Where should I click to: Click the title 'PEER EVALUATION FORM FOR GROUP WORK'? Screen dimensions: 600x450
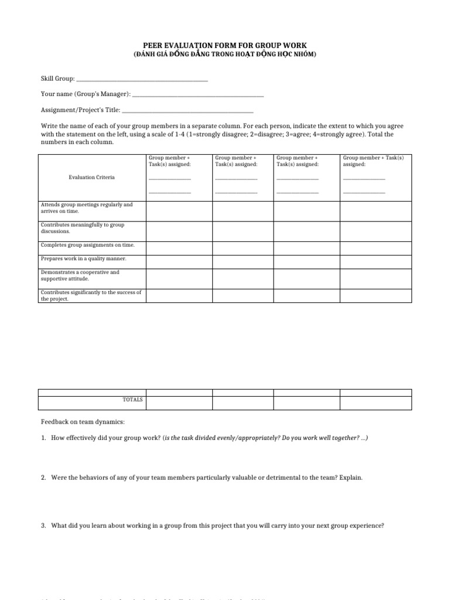[225, 45]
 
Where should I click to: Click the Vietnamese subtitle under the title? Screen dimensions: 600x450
[225, 54]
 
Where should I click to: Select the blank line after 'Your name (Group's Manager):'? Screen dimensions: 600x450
[198, 94]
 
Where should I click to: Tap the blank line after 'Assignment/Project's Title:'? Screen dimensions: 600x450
[188, 110]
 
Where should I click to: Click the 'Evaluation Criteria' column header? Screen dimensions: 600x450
[91, 177]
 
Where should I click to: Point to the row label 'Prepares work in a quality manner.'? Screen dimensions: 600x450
[83, 258]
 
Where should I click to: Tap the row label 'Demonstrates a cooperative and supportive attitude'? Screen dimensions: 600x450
[80, 275]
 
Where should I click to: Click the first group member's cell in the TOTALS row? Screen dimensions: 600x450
[179, 403]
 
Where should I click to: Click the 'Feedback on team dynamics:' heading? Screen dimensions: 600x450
[83, 422]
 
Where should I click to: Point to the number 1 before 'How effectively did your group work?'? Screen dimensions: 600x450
[43, 438]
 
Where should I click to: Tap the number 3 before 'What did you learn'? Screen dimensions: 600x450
[43, 526]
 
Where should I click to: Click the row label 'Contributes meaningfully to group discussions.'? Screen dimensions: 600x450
[82, 228]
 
